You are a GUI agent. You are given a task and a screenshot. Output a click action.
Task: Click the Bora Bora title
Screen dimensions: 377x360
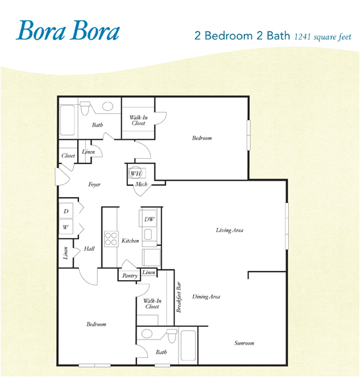[68, 31]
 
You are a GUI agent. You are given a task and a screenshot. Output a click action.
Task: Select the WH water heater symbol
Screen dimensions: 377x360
[136, 173]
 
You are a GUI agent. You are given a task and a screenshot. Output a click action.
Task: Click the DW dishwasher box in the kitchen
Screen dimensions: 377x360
[149, 218]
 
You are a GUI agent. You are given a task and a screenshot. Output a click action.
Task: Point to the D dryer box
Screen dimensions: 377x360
[66, 212]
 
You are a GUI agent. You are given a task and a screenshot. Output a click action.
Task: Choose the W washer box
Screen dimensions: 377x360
[66, 227]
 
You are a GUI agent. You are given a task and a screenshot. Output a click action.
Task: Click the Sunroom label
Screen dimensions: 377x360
[244, 343]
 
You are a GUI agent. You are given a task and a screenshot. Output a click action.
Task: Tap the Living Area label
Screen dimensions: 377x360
[230, 230]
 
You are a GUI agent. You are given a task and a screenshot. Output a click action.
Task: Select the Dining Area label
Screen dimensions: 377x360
[206, 297]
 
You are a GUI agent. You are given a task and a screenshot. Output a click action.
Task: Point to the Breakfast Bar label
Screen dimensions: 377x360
[179, 297]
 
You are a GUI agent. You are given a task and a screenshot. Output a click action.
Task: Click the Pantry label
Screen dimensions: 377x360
[129, 276]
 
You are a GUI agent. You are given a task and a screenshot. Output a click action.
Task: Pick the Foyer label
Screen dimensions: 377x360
[94, 185]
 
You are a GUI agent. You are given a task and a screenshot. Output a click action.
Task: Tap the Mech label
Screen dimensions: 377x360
[140, 185]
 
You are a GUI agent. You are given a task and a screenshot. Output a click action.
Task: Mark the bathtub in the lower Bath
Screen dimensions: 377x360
[189, 344]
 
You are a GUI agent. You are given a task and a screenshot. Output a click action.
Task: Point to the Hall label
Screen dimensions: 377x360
[89, 249]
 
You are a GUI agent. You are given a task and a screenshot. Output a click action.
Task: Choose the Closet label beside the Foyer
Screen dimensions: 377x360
[68, 156]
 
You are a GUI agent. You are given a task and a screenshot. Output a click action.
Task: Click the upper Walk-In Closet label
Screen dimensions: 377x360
[138, 120]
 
